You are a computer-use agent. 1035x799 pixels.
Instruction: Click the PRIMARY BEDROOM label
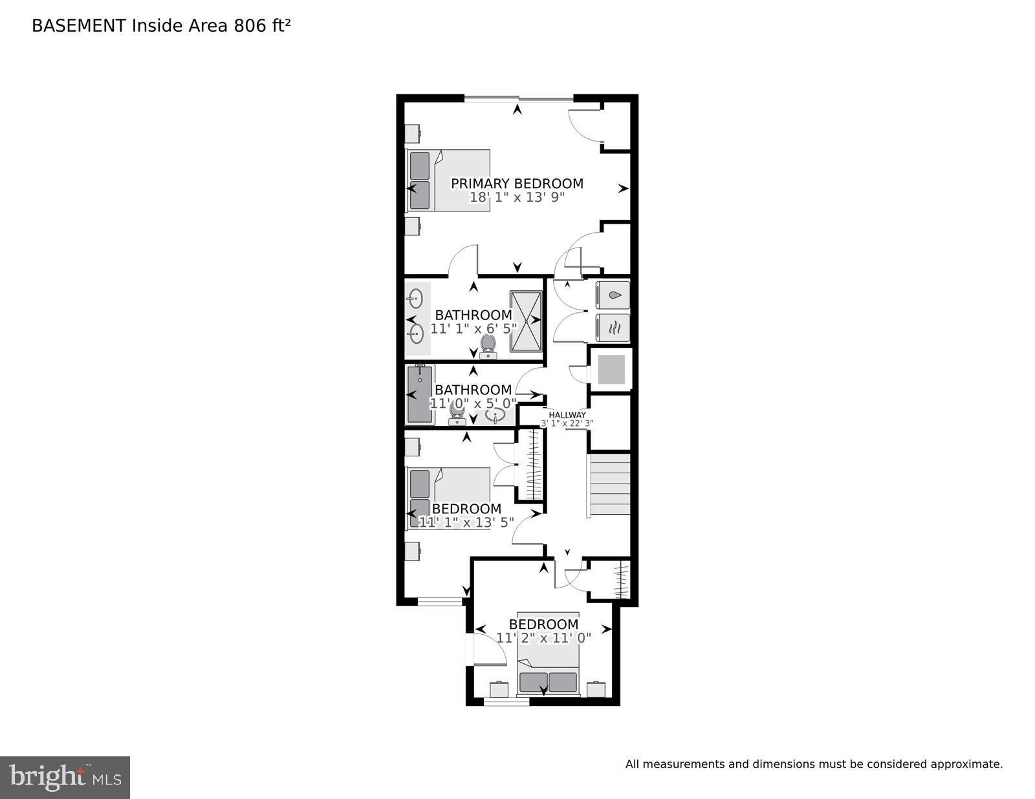point(517,183)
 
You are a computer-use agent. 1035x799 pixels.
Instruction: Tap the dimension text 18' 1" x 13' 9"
point(517,197)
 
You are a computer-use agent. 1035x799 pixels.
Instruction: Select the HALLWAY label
point(567,415)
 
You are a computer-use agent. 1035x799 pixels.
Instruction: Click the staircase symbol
point(609,484)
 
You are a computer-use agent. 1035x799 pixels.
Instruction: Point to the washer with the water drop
point(613,295)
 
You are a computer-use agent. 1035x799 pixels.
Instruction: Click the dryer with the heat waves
point(613,327)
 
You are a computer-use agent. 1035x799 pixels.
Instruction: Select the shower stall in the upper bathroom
point(526,321)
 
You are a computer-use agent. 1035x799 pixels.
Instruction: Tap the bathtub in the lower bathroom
point(419,394)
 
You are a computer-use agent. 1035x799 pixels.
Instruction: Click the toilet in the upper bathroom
point(488,346)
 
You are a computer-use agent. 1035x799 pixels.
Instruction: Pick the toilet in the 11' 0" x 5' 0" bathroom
point(457,414)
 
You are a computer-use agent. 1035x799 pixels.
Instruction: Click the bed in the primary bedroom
point(448,181)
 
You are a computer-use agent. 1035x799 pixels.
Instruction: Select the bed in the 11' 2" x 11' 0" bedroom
point(548,654)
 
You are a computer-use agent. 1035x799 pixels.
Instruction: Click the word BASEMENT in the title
point(78,26)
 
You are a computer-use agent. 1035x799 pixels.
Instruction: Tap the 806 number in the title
point(250,26)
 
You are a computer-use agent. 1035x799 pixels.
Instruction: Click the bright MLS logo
point(65,778)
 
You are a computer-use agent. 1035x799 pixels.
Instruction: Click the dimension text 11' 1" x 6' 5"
point(474,328)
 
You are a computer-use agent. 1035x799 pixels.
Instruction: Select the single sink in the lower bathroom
point(496,416)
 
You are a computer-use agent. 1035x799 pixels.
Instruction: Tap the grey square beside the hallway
point(611,369)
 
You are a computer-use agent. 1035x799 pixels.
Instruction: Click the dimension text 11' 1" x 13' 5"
point(466,522)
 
